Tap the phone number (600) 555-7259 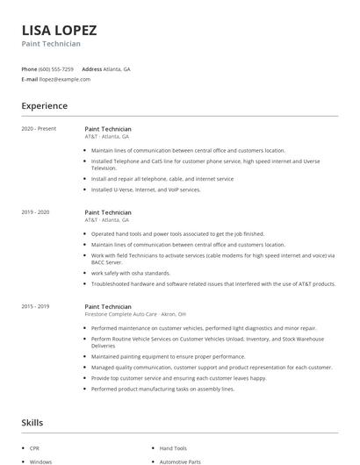point(56,68)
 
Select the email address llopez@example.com point(65,79)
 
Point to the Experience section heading point(44,106)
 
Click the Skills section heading point(33,423)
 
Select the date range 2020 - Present point(39,129)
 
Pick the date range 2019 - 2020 point(35,212)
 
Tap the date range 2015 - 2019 point(35,306)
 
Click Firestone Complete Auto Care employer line point(134,313)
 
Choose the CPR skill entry point(34,447)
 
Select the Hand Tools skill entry point(172,447)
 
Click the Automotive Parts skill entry point(180,461)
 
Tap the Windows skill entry point(40,461)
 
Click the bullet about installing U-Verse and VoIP point(146,190)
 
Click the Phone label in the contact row point(29,68)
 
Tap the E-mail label point(29,79)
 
